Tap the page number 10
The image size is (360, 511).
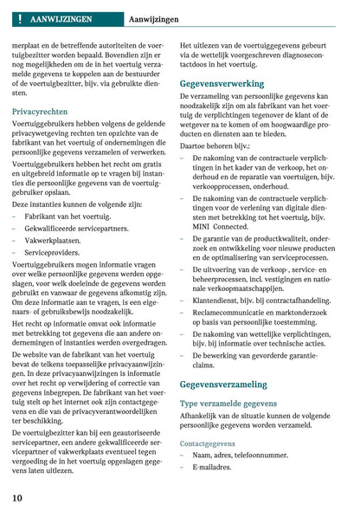[17, 497]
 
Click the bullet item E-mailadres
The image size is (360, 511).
[213, 467]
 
